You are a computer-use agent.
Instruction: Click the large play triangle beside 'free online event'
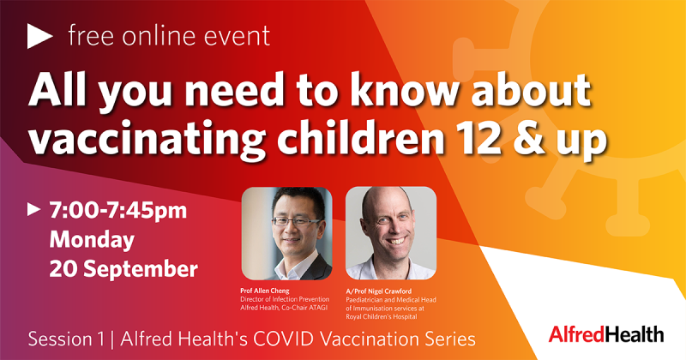click(x=39, y=36)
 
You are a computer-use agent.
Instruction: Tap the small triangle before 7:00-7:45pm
click(x=33, y=209)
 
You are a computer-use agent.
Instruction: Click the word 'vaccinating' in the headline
click(x=147, y=140)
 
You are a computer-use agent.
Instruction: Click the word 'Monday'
click(x=92, y=240)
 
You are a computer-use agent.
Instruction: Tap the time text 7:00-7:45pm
click(x=118, y=210)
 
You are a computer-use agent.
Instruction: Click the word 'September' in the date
click(x=141, y=269)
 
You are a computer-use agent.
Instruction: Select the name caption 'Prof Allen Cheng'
click(x=265, y=291)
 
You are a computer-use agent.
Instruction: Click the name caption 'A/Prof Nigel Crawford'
click(x=378, y=291)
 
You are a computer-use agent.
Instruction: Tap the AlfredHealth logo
click(x=606, y=334)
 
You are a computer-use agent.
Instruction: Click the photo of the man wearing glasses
click(x=287, y=234)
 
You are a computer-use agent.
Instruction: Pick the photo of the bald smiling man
click(x=391, y=234)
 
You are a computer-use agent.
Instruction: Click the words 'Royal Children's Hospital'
click(x=382, y=316)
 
